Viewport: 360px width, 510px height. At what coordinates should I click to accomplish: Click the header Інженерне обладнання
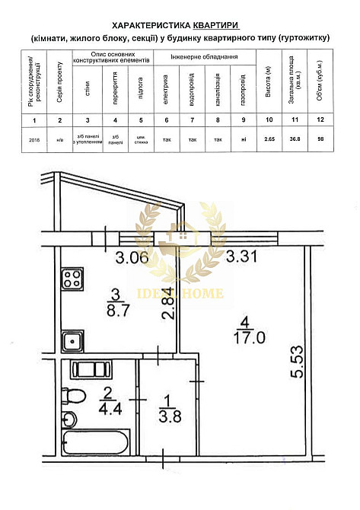coord(204,57)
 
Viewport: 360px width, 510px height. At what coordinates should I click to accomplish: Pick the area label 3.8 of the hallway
coord(164,416)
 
